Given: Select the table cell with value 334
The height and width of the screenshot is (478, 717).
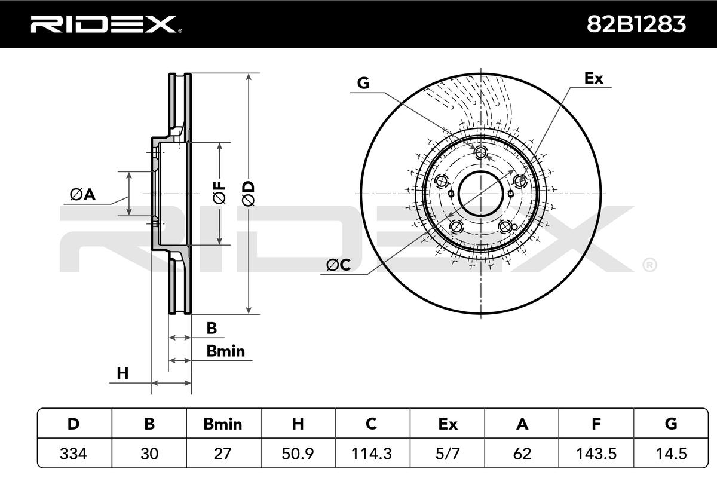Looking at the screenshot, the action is click(74, 454).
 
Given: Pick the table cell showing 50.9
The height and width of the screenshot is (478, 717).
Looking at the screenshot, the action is click(298, 454).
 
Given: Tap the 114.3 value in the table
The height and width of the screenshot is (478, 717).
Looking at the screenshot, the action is click(372, 454).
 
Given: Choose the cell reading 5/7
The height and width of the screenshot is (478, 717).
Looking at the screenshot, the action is click(447, 454).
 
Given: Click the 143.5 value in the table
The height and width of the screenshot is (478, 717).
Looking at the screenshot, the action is click(596, 454).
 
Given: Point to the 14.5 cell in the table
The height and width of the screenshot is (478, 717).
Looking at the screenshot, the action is click(670, 454).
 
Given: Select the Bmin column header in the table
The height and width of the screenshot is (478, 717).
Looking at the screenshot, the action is click(223, 424).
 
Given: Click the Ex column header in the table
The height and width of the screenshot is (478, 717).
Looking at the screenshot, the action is click(447, 424).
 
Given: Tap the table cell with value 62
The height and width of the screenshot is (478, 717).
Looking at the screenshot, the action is click(522, 454).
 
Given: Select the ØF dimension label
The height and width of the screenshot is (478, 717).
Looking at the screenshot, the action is click(220, 193).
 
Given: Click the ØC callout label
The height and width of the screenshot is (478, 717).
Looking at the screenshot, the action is click(338, 264).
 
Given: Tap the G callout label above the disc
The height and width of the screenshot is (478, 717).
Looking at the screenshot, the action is click(363, 83).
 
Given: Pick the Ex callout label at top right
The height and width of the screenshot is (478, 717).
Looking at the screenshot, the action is click(593, 78).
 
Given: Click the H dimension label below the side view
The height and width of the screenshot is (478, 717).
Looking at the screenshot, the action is click(122, 373).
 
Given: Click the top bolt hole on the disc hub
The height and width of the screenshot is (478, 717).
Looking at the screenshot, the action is click(481, 153).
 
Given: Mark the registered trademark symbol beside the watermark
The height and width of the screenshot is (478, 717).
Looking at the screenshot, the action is click(649, 264).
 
